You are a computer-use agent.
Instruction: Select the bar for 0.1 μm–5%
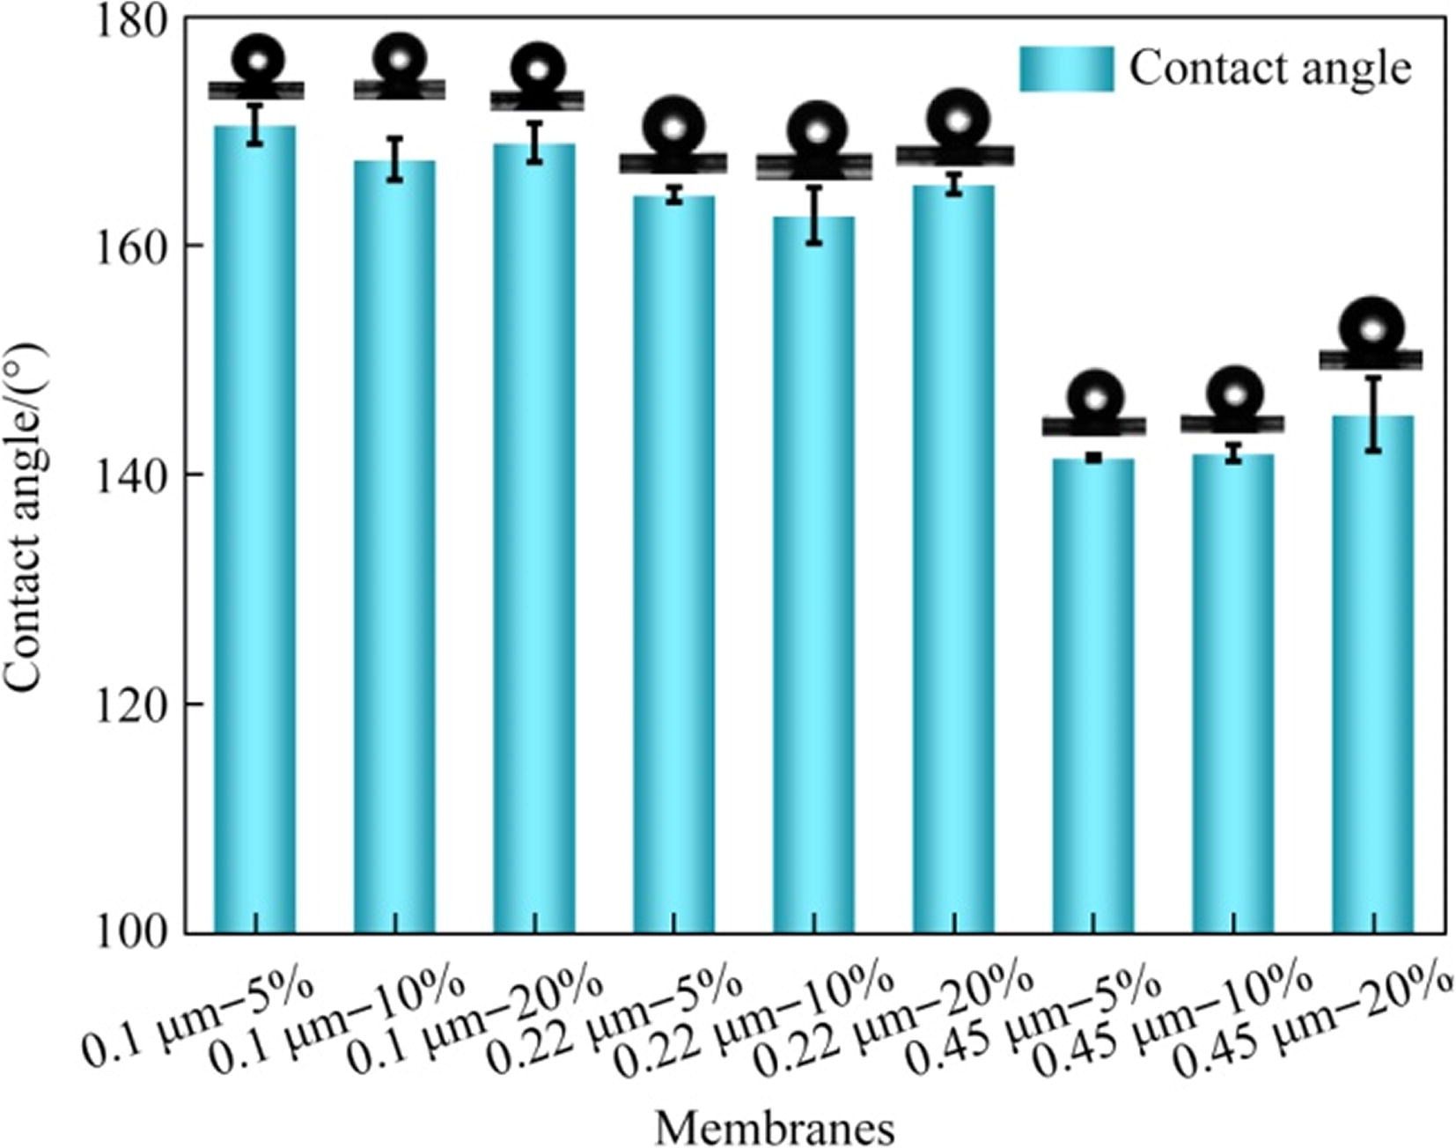pyautogui.click(x=255, y=528)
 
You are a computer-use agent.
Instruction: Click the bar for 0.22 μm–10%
pyautogui.click(x=813, y=572)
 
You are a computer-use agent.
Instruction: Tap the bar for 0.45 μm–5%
pyautogui.click(x=1093, y=695)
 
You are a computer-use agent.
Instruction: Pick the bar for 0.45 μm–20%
pyautogui.click(x=1372, y=673)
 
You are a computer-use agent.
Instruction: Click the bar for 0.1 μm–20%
pyautogui.click(x=534, y=537)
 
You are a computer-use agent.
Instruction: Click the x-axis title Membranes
pyautogui.click(x=775, y=1127)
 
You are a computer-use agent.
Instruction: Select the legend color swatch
pyautogui.click(x=1066, y=69)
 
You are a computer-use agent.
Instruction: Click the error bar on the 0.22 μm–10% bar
pyautogui.click(x=814, y=215)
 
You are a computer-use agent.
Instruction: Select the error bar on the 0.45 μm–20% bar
pyautogui.click(x=1373, y=414)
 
